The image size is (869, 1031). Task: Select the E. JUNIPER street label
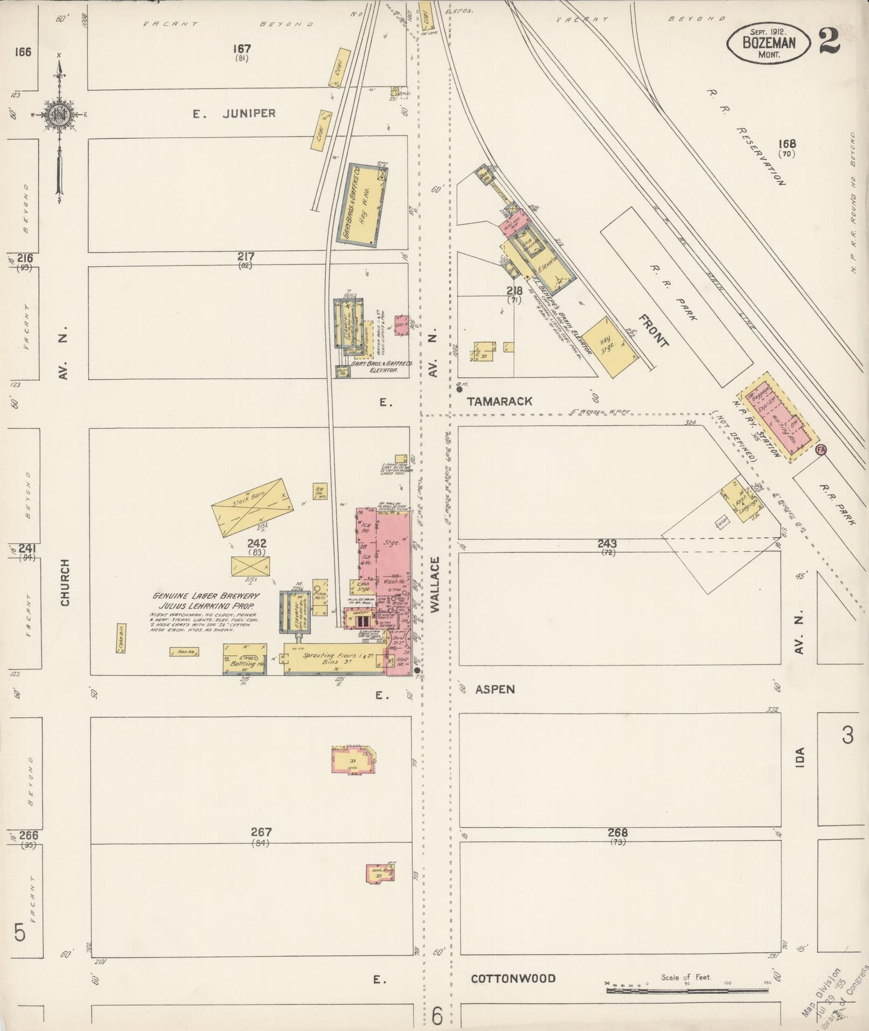[x=235, y=113]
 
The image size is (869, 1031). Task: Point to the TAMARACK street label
[x=500, y=401]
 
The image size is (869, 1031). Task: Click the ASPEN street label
[x=495, y=689]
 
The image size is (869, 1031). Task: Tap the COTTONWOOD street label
[x=513, y=978]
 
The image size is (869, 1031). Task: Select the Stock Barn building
[x=251, y=508]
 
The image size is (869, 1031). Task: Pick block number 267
[x=261, y=832]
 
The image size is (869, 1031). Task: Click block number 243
[x=607, y=544]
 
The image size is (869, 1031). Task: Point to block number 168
[x=787, y=144]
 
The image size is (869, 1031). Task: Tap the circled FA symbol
[x=821, y=449]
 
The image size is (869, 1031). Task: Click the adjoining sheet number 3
[x=847, y=735]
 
